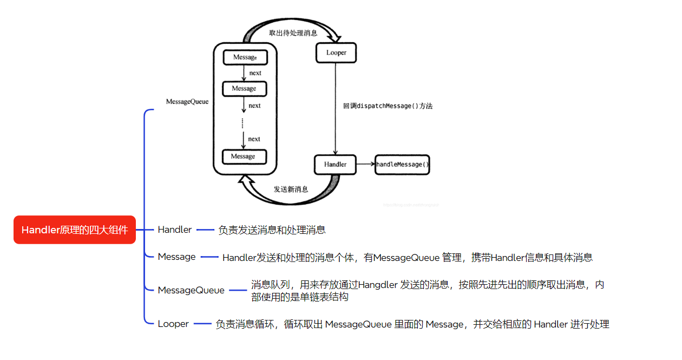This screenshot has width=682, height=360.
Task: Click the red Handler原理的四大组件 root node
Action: (75, 230)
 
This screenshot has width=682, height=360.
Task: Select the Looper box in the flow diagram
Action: (336, 53)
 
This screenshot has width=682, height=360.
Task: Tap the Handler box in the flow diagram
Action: (335, 164)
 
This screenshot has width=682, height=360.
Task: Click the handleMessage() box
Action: (402, 164)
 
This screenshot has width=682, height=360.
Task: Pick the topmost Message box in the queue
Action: (245, 57)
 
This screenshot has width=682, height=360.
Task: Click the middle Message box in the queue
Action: (244, 89)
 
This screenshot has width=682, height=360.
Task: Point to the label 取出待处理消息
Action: (293, 33)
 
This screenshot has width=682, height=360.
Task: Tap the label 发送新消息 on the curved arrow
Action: (291, 189)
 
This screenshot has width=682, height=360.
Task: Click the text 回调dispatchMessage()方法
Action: (388, 106)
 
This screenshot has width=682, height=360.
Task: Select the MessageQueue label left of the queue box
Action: (187, 102)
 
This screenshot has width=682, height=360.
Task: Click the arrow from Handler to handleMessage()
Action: (365, 164)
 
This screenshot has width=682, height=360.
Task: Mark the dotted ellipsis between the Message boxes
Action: (243, 122)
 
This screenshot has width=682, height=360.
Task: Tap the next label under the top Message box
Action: (255, 73)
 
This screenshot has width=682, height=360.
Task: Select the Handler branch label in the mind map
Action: (175, 230)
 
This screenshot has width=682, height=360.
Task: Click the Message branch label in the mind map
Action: (176, 257)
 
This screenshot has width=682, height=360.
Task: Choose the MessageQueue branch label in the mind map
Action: (191, 290)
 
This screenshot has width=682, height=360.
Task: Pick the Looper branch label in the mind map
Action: (173, 324)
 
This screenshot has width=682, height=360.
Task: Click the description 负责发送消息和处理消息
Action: (272, 230)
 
